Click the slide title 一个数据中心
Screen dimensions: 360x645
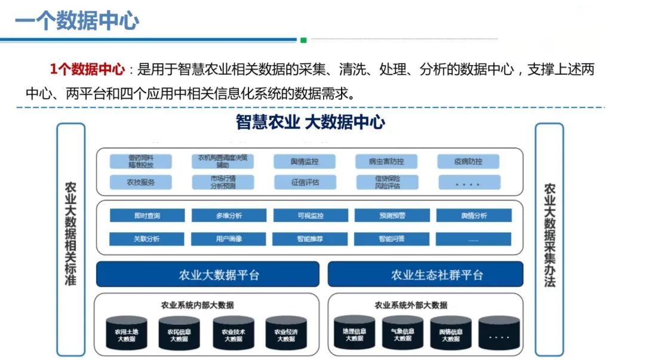pos(76,21)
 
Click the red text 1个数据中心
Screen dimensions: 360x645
pos(87,69)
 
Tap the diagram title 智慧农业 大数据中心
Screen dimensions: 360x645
pos(310,123)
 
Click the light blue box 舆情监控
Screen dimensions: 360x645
pos(305,162)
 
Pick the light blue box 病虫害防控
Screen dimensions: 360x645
pos(386,162)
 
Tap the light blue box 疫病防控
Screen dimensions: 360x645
pos(468,162)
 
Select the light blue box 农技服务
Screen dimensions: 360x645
pos(140,182)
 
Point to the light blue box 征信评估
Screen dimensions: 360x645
pos(305,182)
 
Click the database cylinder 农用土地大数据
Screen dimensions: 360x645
pos(126,333)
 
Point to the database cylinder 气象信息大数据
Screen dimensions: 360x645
pos(403,333)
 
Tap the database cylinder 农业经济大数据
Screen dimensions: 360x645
pos(285,333)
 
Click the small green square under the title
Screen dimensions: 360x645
pos(303,41)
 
